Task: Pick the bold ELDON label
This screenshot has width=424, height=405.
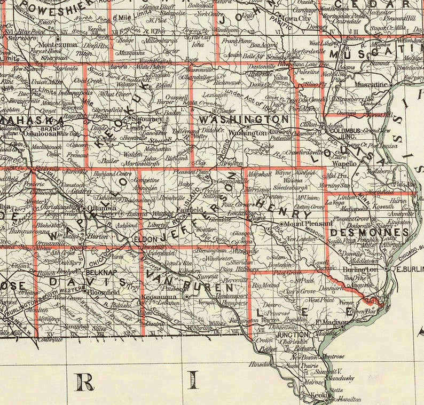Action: [144, 240]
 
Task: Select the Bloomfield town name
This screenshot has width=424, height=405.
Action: [104, 292]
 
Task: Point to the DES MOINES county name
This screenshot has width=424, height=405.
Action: [369, 233]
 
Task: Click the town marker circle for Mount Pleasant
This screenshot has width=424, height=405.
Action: [281, 224]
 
